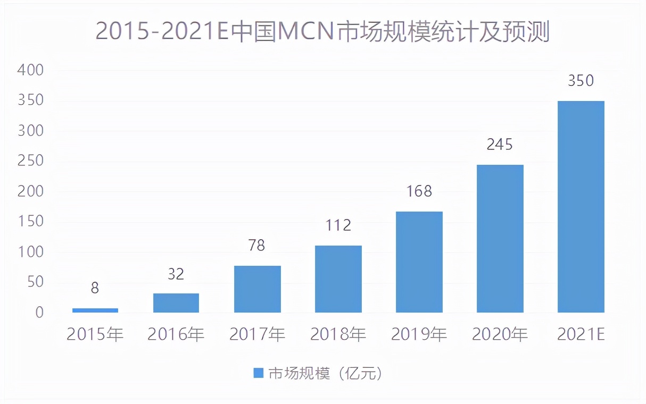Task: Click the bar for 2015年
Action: (x=95, y=310)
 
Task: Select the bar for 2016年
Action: (x=176, y=303)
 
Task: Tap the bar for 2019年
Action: (x=419, y=262)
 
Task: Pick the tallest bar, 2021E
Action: (x=581, y=207)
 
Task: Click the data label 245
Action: (x=500, y=145)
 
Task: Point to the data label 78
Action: (x=256, y=246)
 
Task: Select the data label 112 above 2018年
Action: (x=338, y=225)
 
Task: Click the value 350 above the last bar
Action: (x=581, y=81)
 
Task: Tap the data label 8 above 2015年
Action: (x=95, y=288)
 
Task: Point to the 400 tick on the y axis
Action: (x=30, y=70)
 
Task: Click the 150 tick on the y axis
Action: (x=30, y=222)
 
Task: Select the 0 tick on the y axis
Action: (x=39, y=313)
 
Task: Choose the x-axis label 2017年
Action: (x=257, y=335)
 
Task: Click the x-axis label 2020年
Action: (x=500, y=335)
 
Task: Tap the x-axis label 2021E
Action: (x=581, y=335)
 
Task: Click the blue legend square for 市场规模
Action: (x=258, y=373)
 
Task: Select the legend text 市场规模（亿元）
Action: (x=325, y=373)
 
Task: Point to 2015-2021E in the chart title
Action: (x=162, y=32)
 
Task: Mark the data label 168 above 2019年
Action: (x=419, y=191)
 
